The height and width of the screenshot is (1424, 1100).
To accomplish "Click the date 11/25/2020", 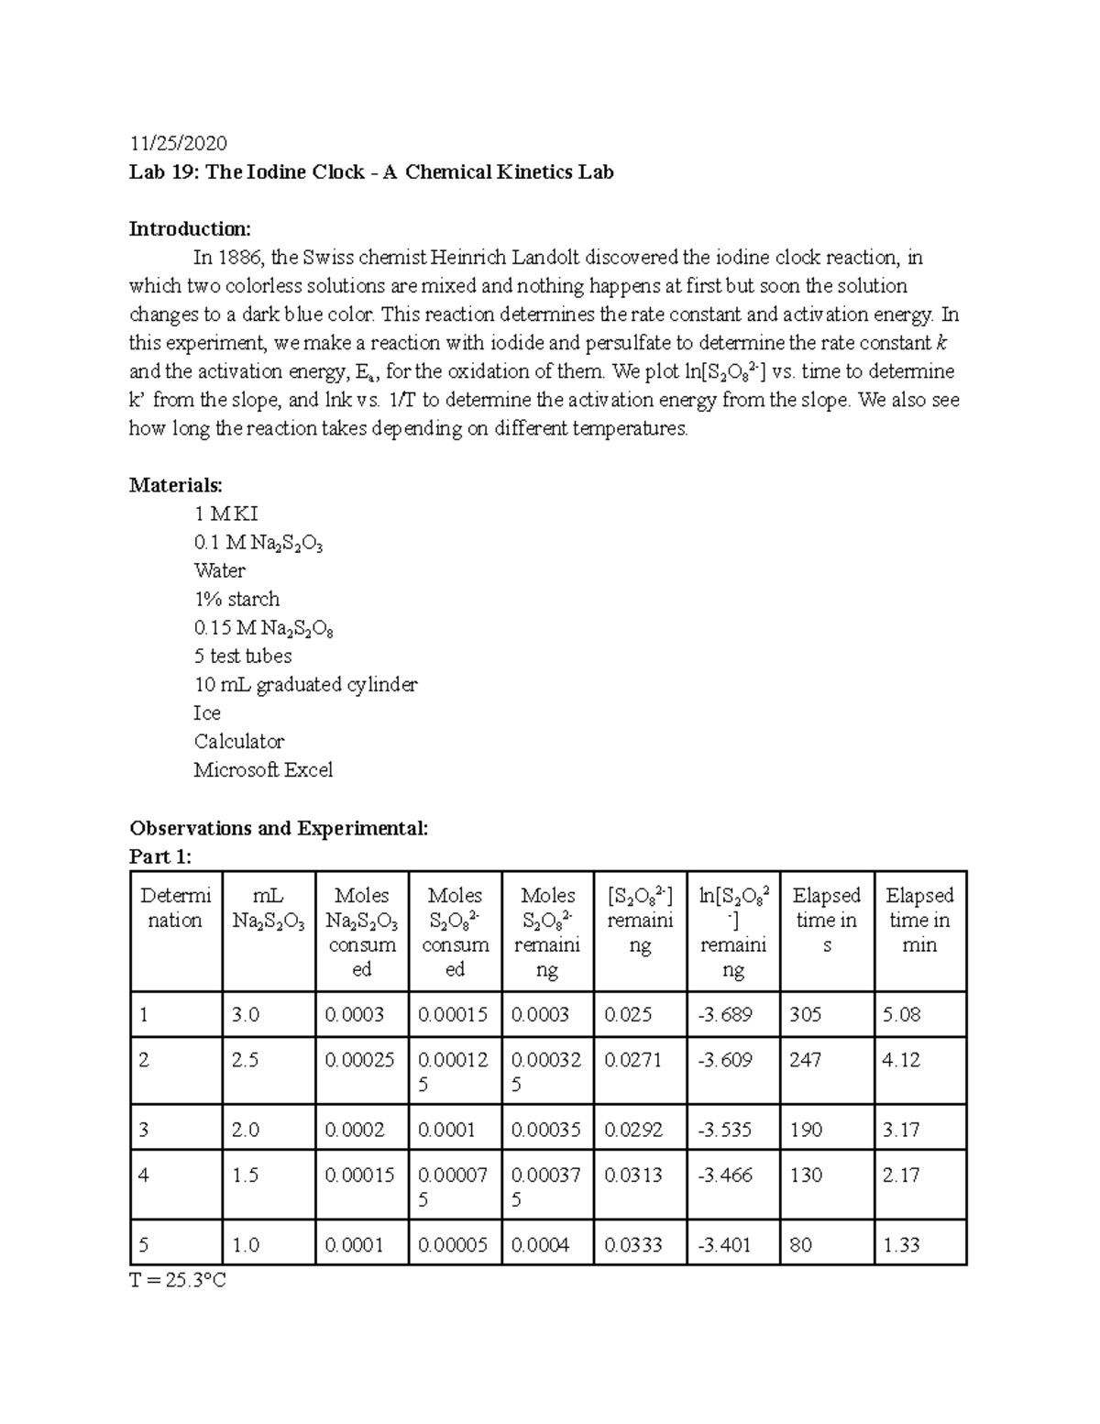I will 178,143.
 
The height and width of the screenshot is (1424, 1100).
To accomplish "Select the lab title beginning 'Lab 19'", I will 371,171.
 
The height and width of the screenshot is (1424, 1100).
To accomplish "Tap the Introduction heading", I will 190,228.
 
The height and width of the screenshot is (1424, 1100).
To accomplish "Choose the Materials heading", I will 176,484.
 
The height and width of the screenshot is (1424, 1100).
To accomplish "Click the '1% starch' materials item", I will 236,599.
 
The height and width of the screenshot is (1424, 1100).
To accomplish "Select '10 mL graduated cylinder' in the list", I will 305,684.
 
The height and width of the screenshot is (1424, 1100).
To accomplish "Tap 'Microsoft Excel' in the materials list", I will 263,769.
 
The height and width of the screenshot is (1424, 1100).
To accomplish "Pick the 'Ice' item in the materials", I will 207,712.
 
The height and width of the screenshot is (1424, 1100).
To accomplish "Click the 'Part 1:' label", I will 161,856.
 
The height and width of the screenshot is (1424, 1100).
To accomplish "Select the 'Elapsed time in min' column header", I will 919,920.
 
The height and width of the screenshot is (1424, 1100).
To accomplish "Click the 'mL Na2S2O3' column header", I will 269,908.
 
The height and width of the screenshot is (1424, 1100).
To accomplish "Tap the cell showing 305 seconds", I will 806,1014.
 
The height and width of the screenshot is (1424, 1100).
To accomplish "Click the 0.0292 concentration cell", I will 633,1130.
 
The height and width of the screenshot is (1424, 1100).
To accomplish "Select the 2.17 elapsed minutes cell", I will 901,1175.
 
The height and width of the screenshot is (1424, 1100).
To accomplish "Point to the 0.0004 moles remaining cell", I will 540,1244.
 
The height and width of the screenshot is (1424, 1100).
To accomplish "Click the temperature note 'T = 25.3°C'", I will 178,1280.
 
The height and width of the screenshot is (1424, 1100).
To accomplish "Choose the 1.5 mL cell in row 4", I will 246,1175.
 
